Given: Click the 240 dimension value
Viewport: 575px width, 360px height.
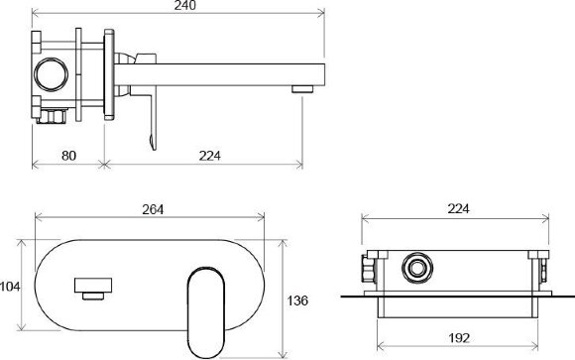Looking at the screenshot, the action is pyautogui.click(x=185, y=5).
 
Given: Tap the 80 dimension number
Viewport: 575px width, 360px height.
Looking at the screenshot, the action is pyautogui.click(x=68, y=156).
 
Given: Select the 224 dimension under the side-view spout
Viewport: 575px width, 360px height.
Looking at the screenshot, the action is pyautogui.click(x=210, y=156).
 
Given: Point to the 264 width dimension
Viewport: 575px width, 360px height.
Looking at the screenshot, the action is pyautogui.click(x=153, y=209).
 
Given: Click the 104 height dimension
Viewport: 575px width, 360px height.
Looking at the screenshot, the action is pyautogui.click(x=10, y=287).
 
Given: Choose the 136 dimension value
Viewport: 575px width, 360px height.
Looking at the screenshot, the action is pyautogui.click(x=297, y=300).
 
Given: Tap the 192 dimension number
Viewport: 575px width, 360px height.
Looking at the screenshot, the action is pyautogui.click(x=459, y=337).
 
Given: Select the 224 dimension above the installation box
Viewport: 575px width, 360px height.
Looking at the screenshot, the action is pyautogui.click(x=458, y=208).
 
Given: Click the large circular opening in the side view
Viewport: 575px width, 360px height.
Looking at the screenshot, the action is pyautogui.click(x=52, y=73).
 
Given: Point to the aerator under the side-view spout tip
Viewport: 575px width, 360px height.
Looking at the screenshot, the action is pyautogui.click(x=302, y=89).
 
